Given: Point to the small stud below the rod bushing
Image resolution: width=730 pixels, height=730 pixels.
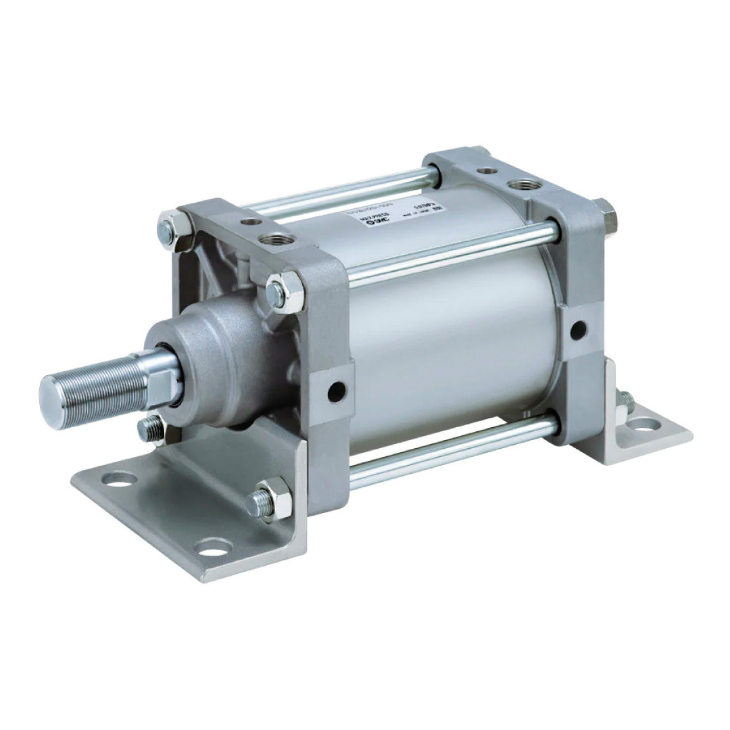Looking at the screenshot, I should point(152,427).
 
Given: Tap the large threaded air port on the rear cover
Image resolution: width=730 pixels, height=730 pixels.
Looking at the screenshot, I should point(521,183).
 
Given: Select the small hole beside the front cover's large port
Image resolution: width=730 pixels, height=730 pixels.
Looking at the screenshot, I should point(251,222).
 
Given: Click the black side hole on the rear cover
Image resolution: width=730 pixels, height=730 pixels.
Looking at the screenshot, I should point(578,331).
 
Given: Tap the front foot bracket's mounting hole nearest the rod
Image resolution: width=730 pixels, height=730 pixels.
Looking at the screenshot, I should point(120,479).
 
